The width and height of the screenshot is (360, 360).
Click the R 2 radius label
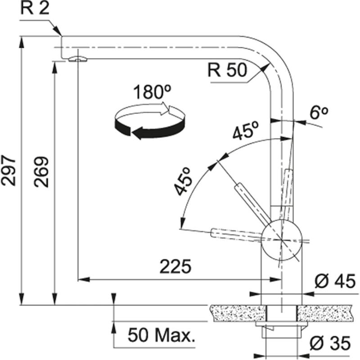pos(34,9)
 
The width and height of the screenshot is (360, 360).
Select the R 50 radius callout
pos(227,71)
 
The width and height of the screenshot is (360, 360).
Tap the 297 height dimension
pos(9,171)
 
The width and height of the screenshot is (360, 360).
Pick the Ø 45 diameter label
pos(335,282)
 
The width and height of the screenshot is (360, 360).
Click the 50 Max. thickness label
pos(161,335)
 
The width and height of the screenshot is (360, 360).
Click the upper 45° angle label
pos(245,131)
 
